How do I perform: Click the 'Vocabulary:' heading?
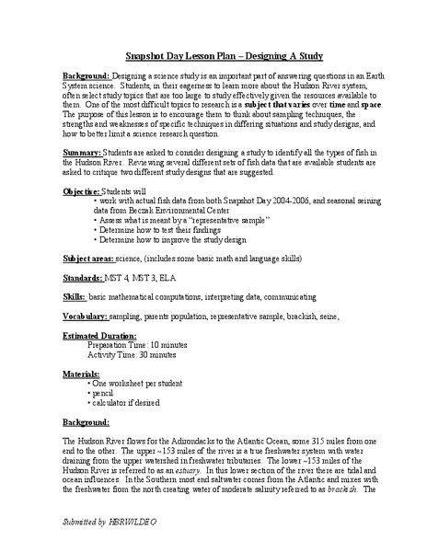(x=88, y=316)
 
